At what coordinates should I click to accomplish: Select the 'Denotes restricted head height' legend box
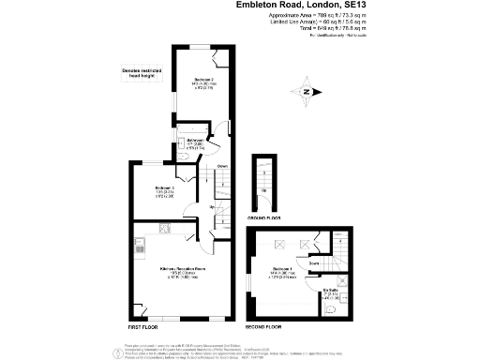point(142,72)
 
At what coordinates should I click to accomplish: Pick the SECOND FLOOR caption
point(263,327)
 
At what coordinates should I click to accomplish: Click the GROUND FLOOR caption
point(265,217)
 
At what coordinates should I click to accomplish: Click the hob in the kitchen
point(163,229)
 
